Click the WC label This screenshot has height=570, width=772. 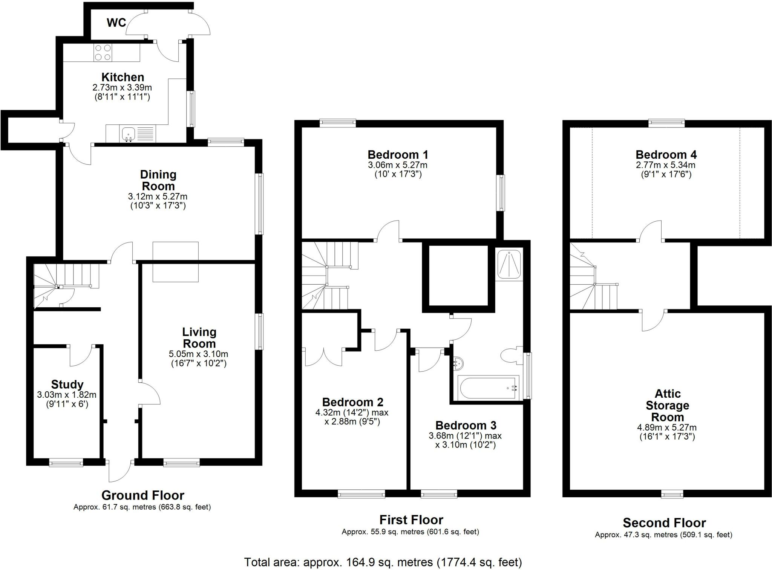116,23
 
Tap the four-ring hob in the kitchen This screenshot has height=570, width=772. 103,52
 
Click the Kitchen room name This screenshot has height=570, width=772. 123,77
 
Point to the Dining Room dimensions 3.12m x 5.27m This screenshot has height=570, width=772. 158,196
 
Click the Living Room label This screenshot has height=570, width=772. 199,338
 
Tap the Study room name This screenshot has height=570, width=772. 67,385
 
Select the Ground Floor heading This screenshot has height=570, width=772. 143,495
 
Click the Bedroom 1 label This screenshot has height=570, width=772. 398,155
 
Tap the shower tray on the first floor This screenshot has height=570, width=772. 509,264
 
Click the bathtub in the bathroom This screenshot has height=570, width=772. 488,388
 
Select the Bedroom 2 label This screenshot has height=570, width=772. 352,402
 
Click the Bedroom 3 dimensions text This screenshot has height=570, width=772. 465,440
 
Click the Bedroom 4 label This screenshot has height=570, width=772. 666,155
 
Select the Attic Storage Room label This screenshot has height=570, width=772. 668,405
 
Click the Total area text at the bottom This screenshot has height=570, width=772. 383,562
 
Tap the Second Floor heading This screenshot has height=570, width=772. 664,523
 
